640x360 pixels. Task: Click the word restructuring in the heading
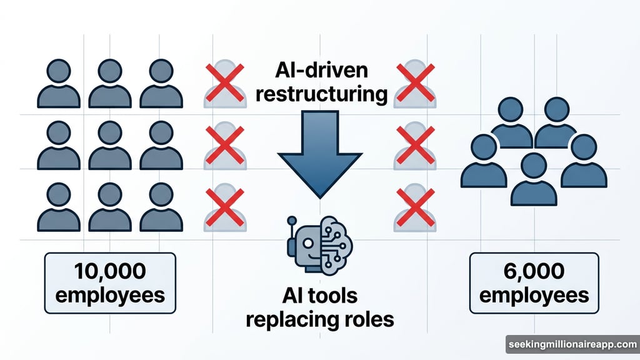point(321,94)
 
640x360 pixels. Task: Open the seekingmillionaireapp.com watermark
point(571,345)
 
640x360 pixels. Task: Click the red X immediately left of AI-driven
point(224,82)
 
